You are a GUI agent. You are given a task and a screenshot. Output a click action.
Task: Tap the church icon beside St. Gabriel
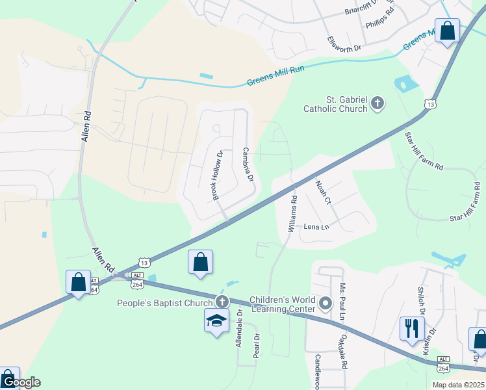point(377,103)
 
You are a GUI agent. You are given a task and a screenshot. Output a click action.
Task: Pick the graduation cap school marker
point(216,320)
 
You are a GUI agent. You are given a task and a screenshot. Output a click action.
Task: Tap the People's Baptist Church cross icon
point(222,302)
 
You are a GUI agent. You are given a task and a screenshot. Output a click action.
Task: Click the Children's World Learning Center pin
point(325,303)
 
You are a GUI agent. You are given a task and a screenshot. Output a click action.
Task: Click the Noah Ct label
point(324,192)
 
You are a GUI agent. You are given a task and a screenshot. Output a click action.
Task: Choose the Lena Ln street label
point(317,227)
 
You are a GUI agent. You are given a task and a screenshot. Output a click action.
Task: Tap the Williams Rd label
point(292,214)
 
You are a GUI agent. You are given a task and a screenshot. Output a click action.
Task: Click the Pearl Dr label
point(257,343)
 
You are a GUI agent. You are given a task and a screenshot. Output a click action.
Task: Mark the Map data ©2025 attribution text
point(457,385)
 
